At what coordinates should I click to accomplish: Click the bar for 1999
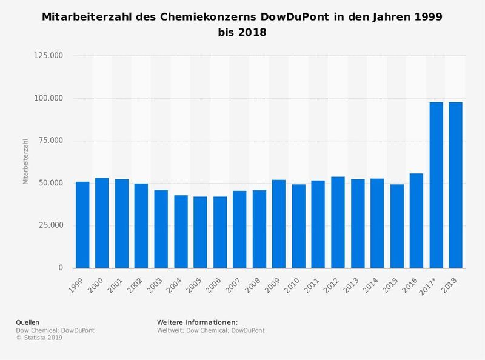click(x=82, y=225)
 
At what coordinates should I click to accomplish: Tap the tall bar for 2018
click(x=455, y=185)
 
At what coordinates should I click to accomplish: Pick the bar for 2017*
click(x=436, y=185)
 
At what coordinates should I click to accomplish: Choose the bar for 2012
click(x=338, y=222)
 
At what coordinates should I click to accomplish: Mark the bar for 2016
click(x=416, y=221)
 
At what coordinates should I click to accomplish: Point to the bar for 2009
click(x=279, y=224)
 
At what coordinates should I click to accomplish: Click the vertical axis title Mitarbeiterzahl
click(x=25, y=162)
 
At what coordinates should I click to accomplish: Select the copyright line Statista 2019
click(x=39, y=338)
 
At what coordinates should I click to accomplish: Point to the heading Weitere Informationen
click(x=197, y=322)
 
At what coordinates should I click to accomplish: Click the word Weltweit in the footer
click(x=170, y=330)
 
